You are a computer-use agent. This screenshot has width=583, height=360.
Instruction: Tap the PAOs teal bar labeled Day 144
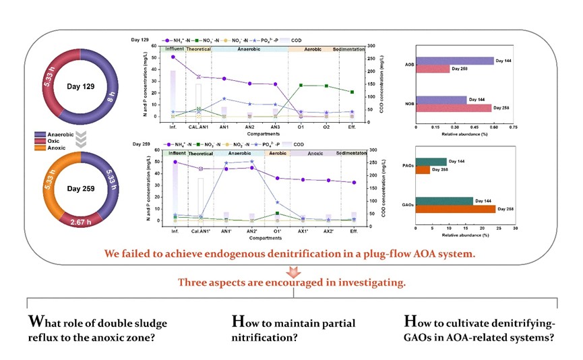pyautogui.click(x=431, y=161)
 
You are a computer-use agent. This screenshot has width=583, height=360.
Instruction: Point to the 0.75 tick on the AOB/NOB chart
pyautogui.click(x=513, y=126)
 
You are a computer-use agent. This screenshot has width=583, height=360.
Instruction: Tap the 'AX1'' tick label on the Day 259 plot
pyautogui.click(x=303, y=231)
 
